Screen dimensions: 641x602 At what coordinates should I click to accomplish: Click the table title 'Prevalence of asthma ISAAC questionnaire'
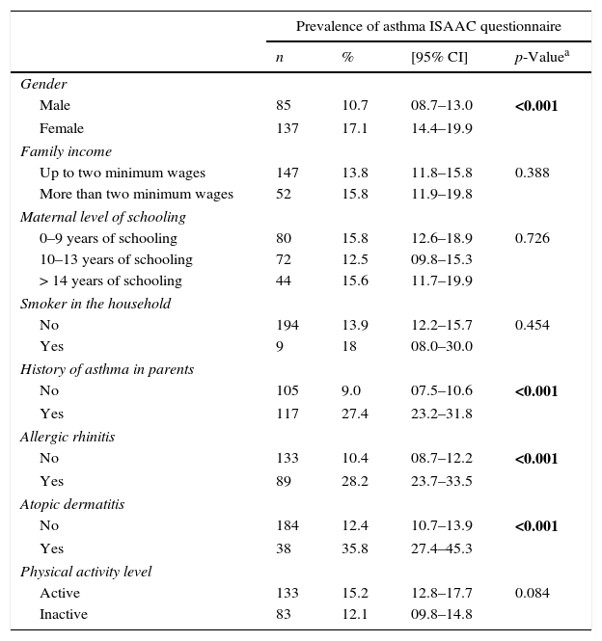pos(428,26)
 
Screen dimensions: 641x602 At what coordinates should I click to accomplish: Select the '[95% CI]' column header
pos(439,57)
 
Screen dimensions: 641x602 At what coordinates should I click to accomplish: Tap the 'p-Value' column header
pos(540,57)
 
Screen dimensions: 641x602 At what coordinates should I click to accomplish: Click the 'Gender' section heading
pos(43,84)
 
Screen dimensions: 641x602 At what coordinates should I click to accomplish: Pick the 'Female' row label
pos(62,128)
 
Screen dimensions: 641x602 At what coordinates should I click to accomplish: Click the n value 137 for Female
pos(287,128)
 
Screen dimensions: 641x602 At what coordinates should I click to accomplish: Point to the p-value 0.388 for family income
pos(533,173)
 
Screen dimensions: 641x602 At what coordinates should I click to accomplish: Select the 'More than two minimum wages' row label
pos(136,194)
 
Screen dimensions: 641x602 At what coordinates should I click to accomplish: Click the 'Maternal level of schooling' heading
pos(103,217)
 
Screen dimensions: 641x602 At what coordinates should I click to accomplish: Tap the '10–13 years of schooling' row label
pos(116,259)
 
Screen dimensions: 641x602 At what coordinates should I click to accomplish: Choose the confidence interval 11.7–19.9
pos(442,280)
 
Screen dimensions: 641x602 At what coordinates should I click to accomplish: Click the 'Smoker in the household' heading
pos(96,304)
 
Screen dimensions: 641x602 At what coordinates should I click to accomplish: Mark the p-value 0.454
pos(533,325)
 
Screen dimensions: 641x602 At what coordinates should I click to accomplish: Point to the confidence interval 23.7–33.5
pos(442,480)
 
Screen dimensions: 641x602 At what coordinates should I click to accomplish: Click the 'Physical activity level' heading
pos(86,572)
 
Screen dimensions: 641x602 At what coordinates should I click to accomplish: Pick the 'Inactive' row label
pos(64,614)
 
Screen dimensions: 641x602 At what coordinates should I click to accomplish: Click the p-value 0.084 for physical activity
pos(533,593)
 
